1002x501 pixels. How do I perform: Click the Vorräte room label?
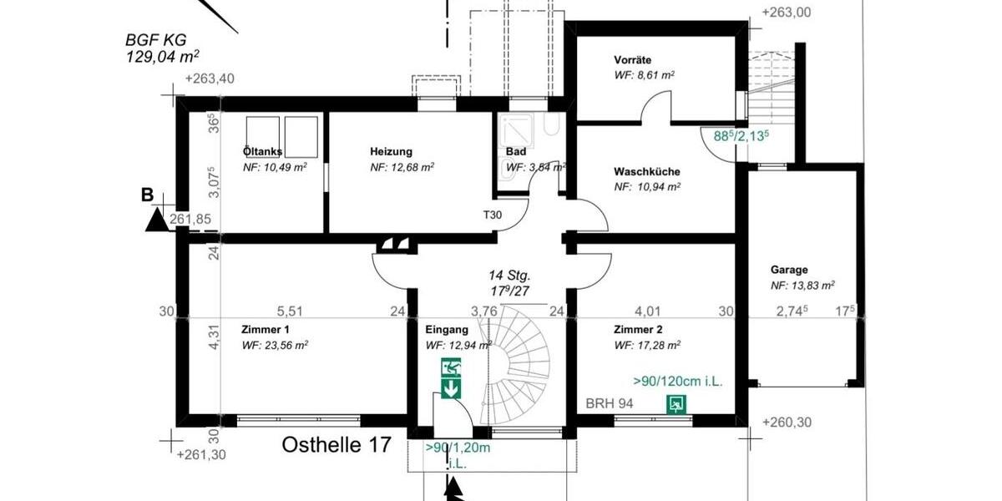632,60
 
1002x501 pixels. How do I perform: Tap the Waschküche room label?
647,171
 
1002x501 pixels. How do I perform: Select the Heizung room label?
392,152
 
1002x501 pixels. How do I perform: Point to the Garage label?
789,270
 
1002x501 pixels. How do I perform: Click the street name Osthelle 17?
335,445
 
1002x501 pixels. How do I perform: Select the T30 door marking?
493,215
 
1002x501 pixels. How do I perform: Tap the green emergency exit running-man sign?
452,368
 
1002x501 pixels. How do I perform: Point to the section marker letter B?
147,195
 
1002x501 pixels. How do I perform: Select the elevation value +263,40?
210,79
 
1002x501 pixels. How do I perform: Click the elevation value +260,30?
787,423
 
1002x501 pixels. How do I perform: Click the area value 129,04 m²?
162,57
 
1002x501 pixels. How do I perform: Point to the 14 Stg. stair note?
509,275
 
